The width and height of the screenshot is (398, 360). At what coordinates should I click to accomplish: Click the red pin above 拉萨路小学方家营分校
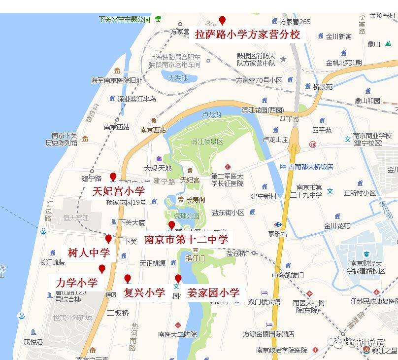(x=222, y=20)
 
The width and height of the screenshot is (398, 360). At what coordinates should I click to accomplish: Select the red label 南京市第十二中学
(x=186, y=240)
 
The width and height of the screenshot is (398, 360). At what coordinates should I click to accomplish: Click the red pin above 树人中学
(x=108, y=239)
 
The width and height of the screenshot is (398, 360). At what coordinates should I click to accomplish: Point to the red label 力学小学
(x=76, y=283)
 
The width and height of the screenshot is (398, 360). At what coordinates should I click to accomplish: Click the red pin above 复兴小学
(x=128, y=279)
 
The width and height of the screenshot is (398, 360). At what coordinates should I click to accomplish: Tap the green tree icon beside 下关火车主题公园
(x=158, y=19)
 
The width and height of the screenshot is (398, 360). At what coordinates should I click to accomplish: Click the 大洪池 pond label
(x=178, y=77)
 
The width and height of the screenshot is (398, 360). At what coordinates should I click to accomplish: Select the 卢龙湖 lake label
(x=212, y=114)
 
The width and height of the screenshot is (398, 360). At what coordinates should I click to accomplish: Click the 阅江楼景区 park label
(x=207, y=142)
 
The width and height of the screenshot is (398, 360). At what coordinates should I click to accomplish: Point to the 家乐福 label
(x=277, y=233)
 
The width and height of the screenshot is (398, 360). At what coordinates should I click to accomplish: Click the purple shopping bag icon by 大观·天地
(x=159, y=159)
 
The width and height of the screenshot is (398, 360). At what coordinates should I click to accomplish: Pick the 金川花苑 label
(x=337, y=226)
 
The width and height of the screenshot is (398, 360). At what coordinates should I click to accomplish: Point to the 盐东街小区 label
(x=228, y=213)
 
